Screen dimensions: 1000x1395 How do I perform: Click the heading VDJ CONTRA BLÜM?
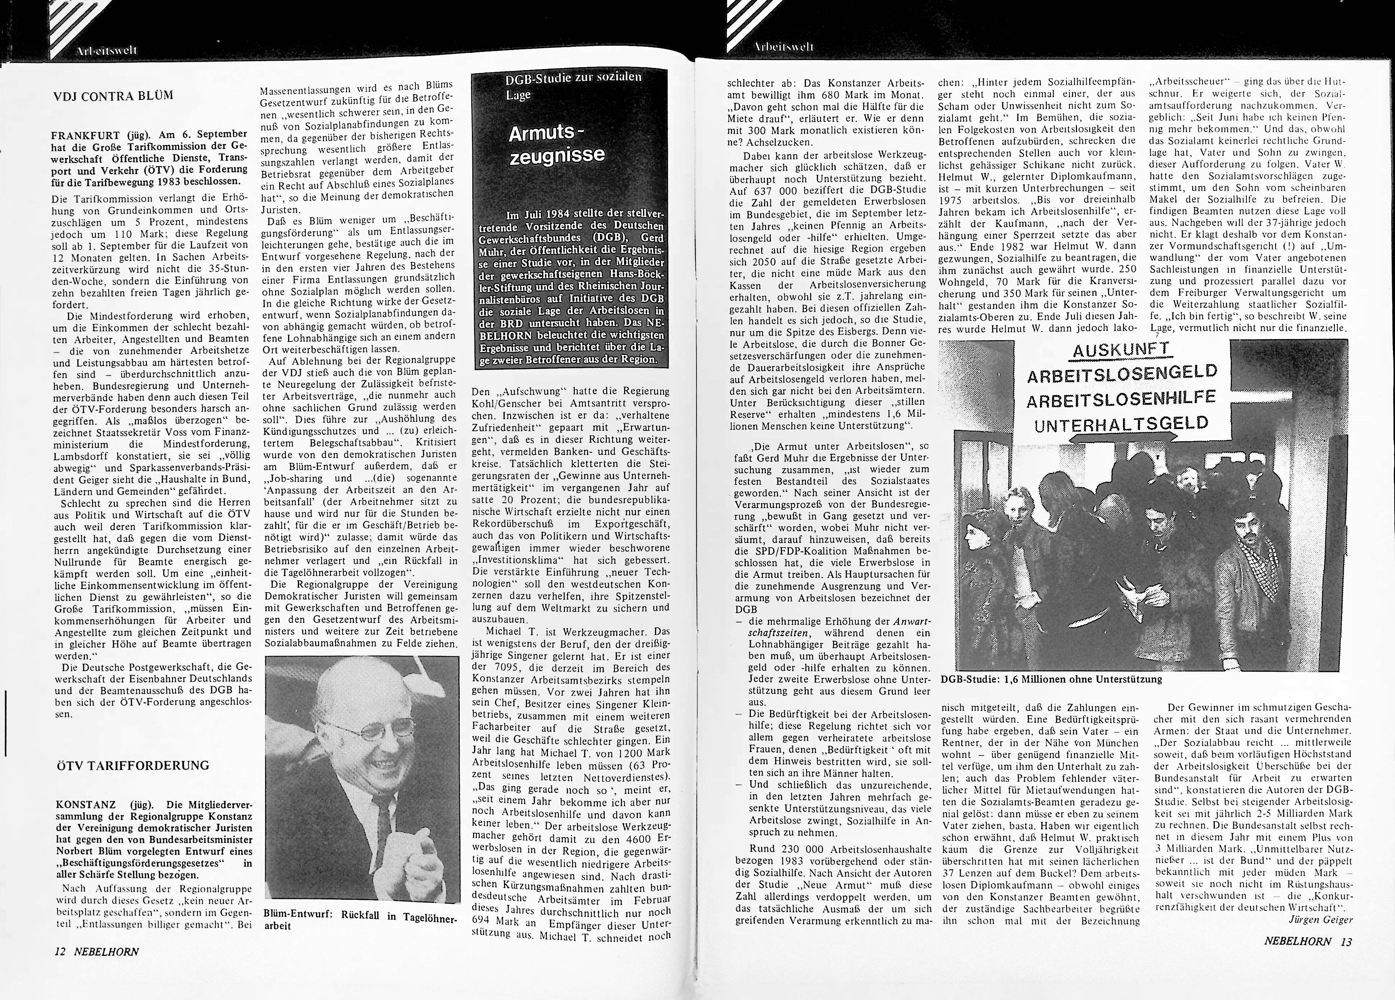click(114, 96)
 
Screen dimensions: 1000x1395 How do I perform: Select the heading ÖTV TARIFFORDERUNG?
click(132, 766)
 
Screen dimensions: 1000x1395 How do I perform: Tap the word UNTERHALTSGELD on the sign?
click(1121, 423)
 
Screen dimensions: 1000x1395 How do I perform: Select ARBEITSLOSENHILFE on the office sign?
click(1121, 398)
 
